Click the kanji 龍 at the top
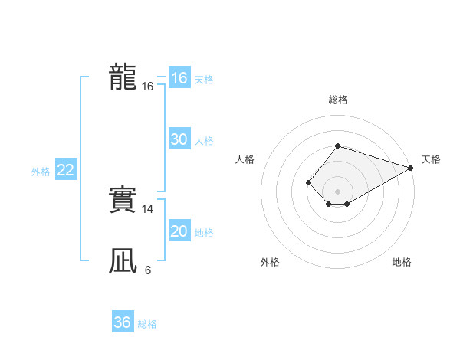pyautogui.click(x=123, y=77)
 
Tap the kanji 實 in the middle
pyautogui.click(x=123, y=200)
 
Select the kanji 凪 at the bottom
pyautogui.click(x=123, y=261)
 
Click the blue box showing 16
pyautogui.click(x=179, y=78)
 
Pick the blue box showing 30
pyautogui.click(x=179, y=139)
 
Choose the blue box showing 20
pyautogui.click(x=179, y=231)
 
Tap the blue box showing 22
pyautogui.click(x=65, y=170)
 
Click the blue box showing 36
pyautogui.click(x=123, y=322)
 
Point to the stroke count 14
pyautogui.click(x=148, y=209)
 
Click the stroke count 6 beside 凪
pyautogui.click(x=148, y=270)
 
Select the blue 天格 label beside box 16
pyautogui.click(x=204, y=80)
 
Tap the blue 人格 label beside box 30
pyautogui.click(x=204, y=141)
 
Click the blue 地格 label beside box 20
pyautogui.click(x=204, y=233)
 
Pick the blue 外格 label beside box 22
pyautogui.click(x=41, y=172)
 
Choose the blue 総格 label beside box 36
pyautogui.click(x=147, y=324)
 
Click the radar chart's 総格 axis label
pyautogui.click(x=337, y=100)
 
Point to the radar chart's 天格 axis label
pyautogui.click(x=431, y=159)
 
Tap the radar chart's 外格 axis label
pyautogui.click(x=270, y=262)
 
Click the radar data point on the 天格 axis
pyautogui.click(x=412, y=168)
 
